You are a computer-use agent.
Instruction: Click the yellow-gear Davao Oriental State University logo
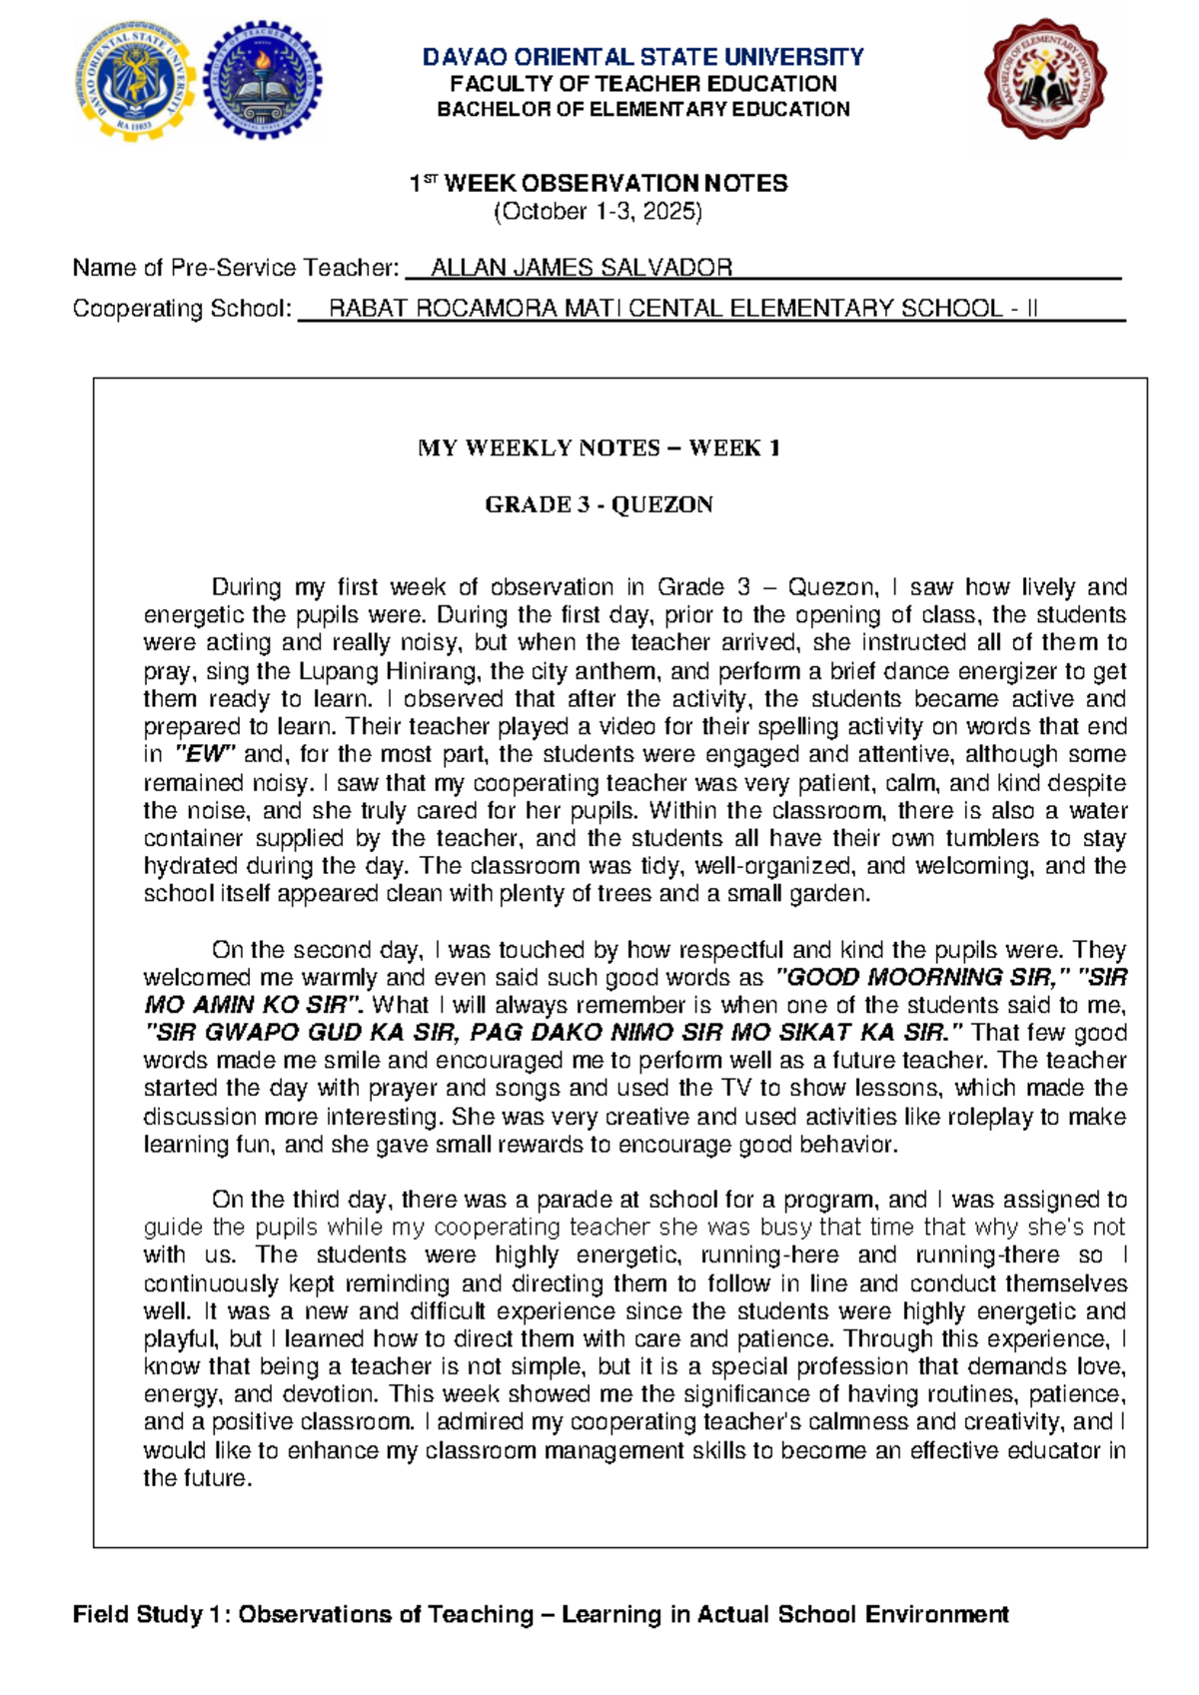pyautogui.click(x=133, y=83)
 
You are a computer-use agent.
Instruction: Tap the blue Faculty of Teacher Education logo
pyautogui.click(x=264, y=83)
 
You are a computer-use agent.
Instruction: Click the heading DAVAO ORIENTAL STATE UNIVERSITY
pyautogui.click(x=642, y=57)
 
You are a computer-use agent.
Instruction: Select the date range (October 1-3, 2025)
pyautogui.click(x=599, y=212)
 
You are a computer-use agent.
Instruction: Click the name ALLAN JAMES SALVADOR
pyautogui.click(x=581, y=268)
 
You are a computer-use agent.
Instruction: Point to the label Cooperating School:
pyautogui.click(x=182, y=309)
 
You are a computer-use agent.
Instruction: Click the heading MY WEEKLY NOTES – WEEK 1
pyautogui.click(x=599, y=447)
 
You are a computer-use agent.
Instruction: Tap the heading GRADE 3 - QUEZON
pyautogui.click(x=599, y=504)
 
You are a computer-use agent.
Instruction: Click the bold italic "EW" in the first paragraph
pyautogui.click(x=205, y=755)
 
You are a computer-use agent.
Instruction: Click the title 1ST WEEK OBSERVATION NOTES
pyautogui.click(x=599, y=184)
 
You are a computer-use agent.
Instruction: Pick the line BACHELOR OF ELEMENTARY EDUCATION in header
pyautogui.click(x=642, y=110)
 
